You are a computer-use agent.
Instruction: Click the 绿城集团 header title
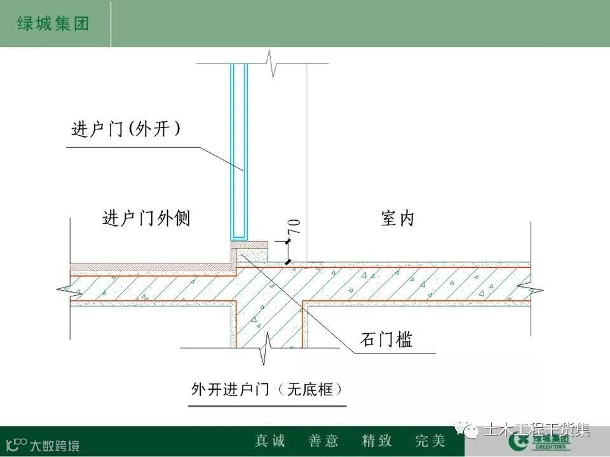tap(51, 24)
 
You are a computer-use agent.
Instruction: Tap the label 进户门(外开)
tap(126, 129)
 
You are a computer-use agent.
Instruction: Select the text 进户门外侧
tap(146, 219)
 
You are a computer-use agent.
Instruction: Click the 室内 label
tap(398, 219)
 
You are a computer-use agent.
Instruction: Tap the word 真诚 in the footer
tap(270, 440)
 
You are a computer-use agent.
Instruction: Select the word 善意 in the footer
tap(323, 440)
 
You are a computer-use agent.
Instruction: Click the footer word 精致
tap(377, 440)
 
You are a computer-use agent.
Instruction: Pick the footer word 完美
tap(430, 440)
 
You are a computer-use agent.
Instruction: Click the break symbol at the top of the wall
tap(273, 65)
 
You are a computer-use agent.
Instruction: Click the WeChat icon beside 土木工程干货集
tap(472, 432)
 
